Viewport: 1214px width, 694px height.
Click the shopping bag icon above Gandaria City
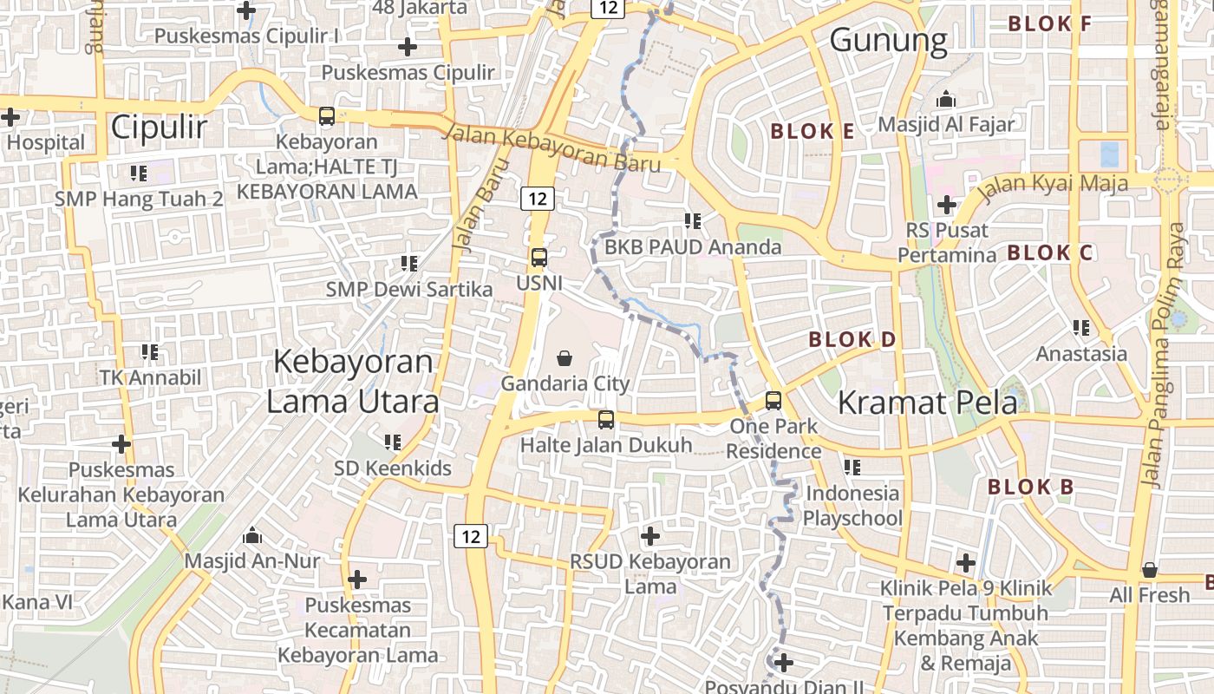pyautogui.click(x=565, y=357)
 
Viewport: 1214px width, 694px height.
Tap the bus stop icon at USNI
pyautogui.click(x=538, y=258)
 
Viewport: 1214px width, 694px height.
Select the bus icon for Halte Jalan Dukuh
pyautogui.click(x=606, y=420)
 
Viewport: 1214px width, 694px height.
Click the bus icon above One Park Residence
pyautogui.click(x=773, y=401)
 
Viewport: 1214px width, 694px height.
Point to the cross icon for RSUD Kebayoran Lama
pyautogui.click(x=649, y=536)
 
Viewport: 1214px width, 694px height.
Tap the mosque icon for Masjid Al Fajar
pyautogui.click(x=945, y=99)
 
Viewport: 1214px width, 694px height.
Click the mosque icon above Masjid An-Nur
pyautogui.click(x=252, y=535)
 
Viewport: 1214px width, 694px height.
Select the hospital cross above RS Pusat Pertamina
pyautogui.click(x=946, y=206)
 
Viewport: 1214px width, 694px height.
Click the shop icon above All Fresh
pyautogui.click(x=1150, y=570)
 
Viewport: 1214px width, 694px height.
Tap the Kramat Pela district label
pyautogui.click(x=927, y=403)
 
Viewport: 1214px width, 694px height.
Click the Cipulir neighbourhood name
pyautogui.click(x=159, y=128)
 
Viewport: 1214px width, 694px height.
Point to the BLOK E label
pyautogui.click(x=813, y=132)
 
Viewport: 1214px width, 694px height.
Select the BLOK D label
pyautogui.click(x=852, y=339)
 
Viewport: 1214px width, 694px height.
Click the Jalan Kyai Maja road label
pyautogui.click(x=1054, y=184)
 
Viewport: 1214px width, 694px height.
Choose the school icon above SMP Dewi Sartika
pyautogui.click(x=409, y=263)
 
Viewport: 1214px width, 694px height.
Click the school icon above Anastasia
pyautogui.click(x=1081, y=328)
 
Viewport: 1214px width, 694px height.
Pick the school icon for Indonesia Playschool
pyautogui.click(x=852, y=468)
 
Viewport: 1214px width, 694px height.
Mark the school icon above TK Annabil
pyautogui.click(x=150, y=352)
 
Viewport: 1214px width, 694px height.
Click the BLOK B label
pyautogui.click(x=1030, y=487)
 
